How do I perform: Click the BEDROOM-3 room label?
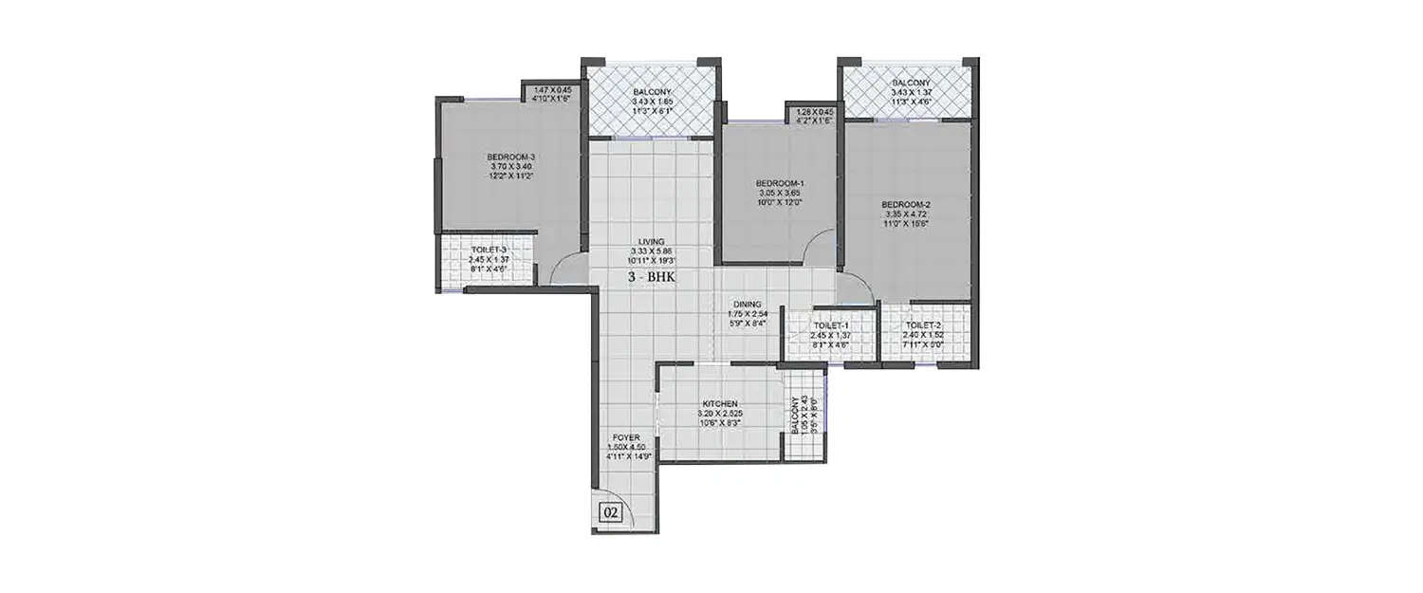coord(511,157)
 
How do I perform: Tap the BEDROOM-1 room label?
coord(780,183)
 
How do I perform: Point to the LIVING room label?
coord(651,241)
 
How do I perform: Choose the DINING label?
coord(748,305)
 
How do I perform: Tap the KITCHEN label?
coord(720,403)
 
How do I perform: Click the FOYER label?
coord(625,437)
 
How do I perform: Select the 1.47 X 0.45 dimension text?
coord(553,89)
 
